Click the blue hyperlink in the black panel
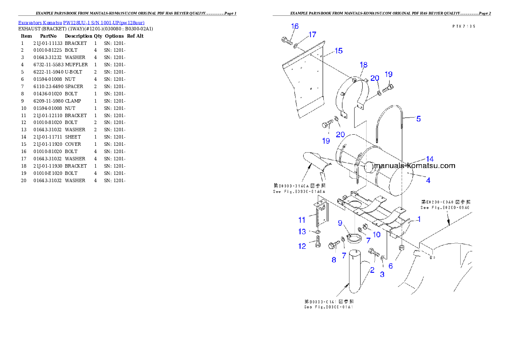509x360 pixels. point(81,22)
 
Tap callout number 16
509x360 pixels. point(295,27)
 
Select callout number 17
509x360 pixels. point(312,34)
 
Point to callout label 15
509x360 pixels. point(338,51)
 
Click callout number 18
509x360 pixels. point(364,65)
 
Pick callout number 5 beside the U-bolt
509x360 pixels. point(418,119)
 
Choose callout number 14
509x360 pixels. point(429,159)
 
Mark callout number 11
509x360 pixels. point(302,220)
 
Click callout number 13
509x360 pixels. point(302,232)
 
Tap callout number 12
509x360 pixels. point(302,246)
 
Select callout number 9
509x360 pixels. point(340,223)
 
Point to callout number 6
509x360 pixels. point(391,266)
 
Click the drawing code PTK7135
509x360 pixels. point(464,26)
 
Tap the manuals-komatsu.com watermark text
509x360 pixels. point(415,166)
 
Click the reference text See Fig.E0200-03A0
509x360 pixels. point(445,207)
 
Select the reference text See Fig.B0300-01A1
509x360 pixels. point(328,307)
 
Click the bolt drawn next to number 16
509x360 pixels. point(286,41)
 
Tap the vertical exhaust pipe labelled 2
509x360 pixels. point(355,274)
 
